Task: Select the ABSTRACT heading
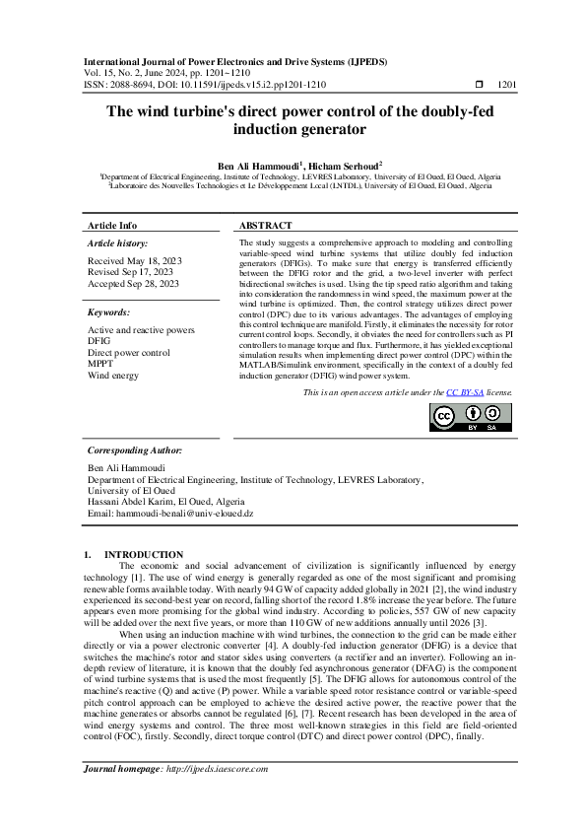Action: [x=265, y=225]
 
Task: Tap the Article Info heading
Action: [x=112, y=225]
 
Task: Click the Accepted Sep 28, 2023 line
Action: [x=133, y=284]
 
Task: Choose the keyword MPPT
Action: [x=101, y=364]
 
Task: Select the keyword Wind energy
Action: [x=113, y=375]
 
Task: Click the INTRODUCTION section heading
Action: [x=144, y=555]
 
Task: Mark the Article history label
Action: [x=118, y=242]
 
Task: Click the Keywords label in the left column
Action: [x=110, y=311]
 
